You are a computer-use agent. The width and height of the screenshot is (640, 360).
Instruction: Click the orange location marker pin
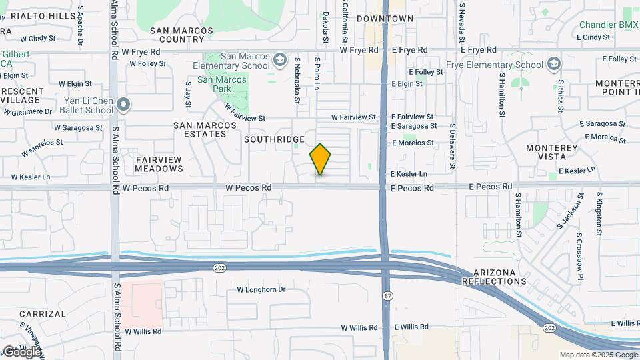(x=320, y=159)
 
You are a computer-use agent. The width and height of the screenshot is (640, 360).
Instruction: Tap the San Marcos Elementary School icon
(x=281, y=61)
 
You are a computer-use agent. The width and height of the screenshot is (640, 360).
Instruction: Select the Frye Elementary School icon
(x=553, y=64)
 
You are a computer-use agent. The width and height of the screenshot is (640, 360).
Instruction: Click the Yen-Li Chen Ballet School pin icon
(x=123, y=105)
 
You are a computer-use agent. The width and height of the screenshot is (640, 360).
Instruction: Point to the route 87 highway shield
(x=387, y=294)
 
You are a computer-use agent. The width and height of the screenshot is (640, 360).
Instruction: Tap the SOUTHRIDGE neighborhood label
(x=274, y=139)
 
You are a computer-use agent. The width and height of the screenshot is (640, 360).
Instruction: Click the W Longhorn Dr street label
(x=261, y=290)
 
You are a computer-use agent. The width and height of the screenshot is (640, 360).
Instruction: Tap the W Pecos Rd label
(x=248, y=188)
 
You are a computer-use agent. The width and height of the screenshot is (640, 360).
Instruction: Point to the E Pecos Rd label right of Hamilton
(x=490, y=187)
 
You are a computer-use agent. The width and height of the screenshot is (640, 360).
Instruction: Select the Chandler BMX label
(x=608, y=25)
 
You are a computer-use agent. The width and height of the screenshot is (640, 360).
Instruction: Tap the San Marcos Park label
(x=221, y=84)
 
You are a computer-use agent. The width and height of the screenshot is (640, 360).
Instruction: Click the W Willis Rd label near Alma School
(x=138, y=331)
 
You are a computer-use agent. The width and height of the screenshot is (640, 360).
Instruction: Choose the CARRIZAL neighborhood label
(x=43, y=313)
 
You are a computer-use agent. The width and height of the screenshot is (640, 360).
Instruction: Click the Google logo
(x=22, y=351)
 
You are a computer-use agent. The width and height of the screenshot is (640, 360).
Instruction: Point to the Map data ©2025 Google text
(x=598, y=355)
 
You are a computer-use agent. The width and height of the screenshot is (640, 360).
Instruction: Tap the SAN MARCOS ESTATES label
(x=200, y=129)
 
